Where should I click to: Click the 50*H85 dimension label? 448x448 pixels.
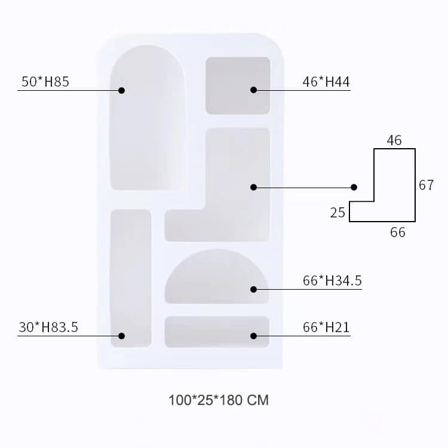coord(45,82)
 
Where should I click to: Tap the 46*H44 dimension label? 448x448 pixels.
coord(326,82)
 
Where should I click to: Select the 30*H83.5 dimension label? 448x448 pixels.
coord(48,327)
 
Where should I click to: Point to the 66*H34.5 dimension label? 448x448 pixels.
coord(332,281)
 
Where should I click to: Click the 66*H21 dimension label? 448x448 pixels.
coord(326,327)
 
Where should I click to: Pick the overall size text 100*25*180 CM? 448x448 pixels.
coord(219,400)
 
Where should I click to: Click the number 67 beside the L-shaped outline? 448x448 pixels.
coord(426,185)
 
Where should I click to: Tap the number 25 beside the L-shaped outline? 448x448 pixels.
coord(337,213)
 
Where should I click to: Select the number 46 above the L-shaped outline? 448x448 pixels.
coord(394,140)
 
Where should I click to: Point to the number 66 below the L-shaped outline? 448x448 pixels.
coord(398,232)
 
